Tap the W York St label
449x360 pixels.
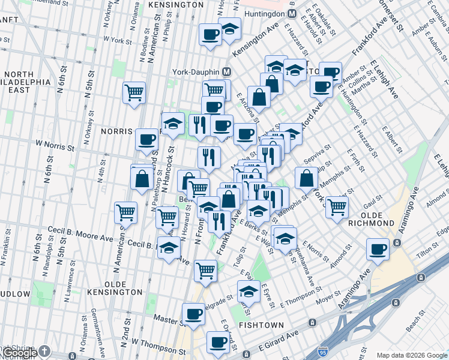(x=117, y=40)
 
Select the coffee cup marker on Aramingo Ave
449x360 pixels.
(x=378, y=249)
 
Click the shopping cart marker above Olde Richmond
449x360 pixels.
(x=337, y=206)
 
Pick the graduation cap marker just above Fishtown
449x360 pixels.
(x=249, y=292)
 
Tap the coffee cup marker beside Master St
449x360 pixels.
(x=193, y=314)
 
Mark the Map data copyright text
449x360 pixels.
(x=412, y=355)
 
